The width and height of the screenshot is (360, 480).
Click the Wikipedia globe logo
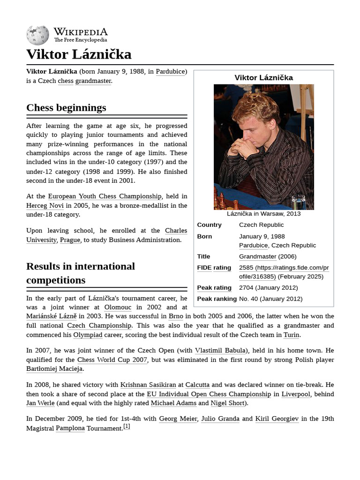[x=37, y=35]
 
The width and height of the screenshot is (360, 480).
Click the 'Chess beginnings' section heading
[x=66, y=107]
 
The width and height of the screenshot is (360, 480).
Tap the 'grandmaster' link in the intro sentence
[x=93, y=81]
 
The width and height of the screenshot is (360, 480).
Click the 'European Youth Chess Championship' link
[x=105, y=196]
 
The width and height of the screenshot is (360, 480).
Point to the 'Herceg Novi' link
[x=45, y=205]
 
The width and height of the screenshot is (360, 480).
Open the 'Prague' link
[x=70, y=240]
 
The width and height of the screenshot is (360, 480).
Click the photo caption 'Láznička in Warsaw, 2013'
[x=263, y=214]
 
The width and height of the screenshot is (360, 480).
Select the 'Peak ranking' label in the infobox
[x=217, y=299]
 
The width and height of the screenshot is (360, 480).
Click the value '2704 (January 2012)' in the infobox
[x=268, y=287]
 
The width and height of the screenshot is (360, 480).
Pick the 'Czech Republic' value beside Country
[x=261, y=225]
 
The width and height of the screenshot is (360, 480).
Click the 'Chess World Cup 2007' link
[x=112, y=360]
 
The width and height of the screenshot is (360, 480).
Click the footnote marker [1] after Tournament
[x=127, y=427]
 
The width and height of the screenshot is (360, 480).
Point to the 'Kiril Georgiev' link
[x=277, y=419]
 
